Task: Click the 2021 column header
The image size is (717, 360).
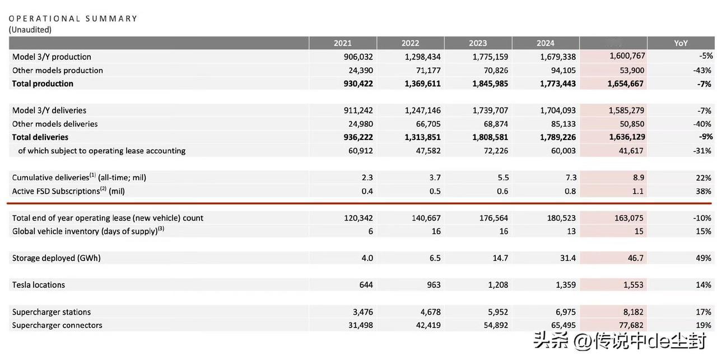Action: pos(343,43)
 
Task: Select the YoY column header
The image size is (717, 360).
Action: pos(681,43)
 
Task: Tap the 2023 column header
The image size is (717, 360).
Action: pos(478,43)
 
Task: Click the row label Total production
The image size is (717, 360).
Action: pos(43,83)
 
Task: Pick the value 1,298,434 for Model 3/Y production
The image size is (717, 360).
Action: pos(422,57)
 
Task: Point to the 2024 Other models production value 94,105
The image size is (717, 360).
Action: pos(563,70)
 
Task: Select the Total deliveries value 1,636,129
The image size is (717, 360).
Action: pos(626,137)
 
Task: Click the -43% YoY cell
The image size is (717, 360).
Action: pos(702,70)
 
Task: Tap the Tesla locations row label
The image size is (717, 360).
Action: pos(39,285)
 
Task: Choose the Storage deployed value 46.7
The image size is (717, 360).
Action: pos(634,258)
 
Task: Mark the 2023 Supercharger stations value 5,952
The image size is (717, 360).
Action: pos(497,312)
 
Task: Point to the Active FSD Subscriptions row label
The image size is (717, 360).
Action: pos(68,191)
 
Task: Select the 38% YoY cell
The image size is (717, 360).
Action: pos(704,191)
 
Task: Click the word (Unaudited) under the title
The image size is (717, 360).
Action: pos(30,30)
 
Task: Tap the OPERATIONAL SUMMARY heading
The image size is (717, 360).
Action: pos(73,18)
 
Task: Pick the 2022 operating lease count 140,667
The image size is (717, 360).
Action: pos(426,218)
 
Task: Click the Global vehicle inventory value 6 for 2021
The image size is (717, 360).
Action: pos(370,231)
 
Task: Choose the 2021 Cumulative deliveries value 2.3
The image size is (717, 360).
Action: pos(367,177)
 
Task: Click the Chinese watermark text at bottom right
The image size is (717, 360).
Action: pos(622,340)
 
